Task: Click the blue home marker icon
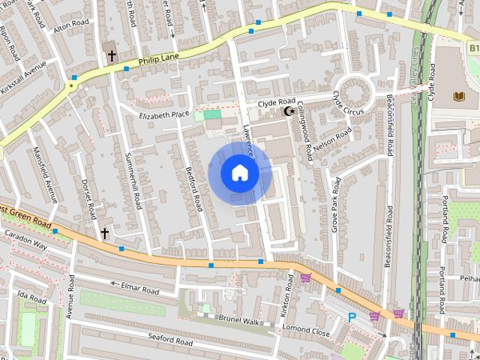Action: point(240,173)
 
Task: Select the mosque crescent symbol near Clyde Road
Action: point(288,112)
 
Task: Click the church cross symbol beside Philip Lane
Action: point(112,55)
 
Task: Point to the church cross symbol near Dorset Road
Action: point(105,234)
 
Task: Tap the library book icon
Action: point(458,96)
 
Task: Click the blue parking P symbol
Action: point(352,318)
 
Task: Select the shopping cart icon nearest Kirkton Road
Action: point(305,278)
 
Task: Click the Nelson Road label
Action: point(333,141)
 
